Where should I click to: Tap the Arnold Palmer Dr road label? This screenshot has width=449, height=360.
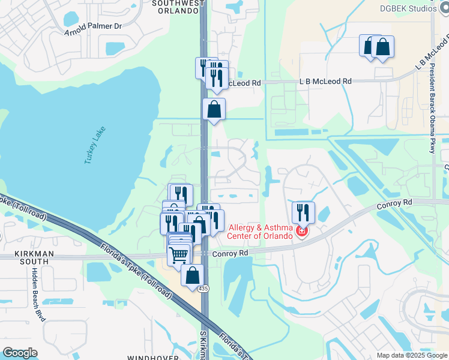pos(93,26)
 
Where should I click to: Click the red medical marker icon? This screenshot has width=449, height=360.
pos(302,230)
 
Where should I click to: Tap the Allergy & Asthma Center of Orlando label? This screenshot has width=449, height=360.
pos(260,231)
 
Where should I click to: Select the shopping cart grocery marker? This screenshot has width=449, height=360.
pos(179,254)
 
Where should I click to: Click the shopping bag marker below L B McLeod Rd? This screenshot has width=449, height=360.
pos(214,109)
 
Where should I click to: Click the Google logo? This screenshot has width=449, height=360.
pos(20,353)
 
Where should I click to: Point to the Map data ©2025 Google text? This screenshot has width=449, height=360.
pos(411,355)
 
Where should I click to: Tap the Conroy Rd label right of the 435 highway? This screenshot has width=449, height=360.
pos(231,253)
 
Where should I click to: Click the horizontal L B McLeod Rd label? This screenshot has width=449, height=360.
pos(325,81)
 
